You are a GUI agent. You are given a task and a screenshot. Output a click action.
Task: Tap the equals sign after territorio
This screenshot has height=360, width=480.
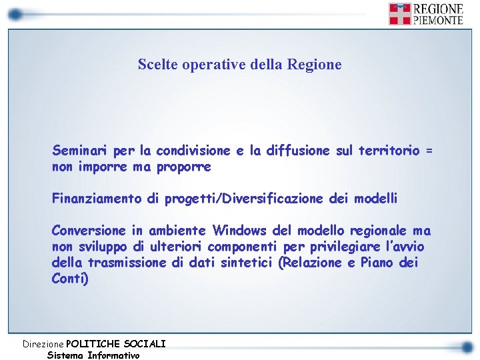click(429, 151)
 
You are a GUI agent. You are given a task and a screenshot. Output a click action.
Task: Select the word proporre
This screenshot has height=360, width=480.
click(183, 167)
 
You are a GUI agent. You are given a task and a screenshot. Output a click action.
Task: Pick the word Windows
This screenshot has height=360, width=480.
click(240, 231)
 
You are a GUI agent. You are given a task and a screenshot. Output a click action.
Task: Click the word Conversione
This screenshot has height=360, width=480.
click(89, 231)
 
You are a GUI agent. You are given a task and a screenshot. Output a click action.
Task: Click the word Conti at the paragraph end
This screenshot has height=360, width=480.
click(68, 279)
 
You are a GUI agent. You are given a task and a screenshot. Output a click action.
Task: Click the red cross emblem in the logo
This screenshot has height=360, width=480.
click(399, 13)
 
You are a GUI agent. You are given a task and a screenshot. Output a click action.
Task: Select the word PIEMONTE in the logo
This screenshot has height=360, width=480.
click(437, 20)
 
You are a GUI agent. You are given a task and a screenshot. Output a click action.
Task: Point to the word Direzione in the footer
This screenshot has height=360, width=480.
click(44, 344)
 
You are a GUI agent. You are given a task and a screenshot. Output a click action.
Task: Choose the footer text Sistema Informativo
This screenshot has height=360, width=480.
click(93, 355)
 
